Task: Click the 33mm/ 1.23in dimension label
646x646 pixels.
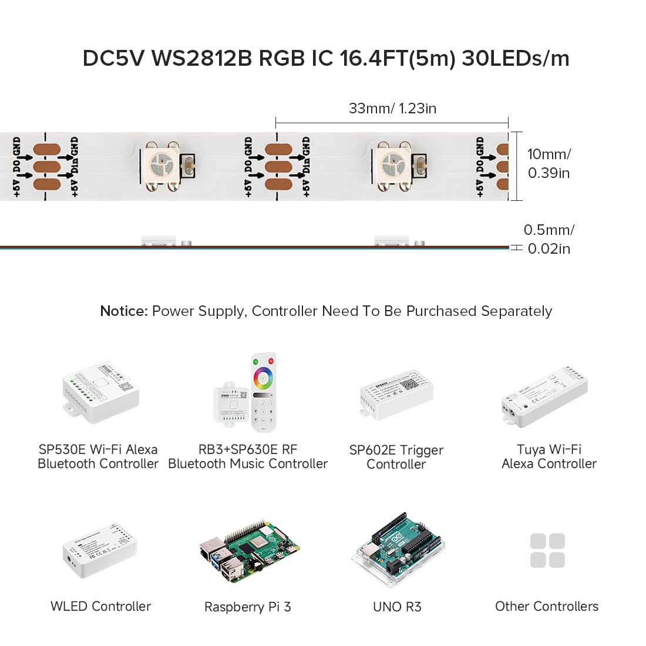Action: [x=392, y=108]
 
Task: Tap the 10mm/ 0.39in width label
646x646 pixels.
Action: [x=549, y=163]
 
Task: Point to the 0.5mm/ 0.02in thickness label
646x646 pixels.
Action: [x=549, y=239]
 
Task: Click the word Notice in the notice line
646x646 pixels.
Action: [x=123, y=311]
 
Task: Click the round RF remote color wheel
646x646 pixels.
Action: [x=263, y=378]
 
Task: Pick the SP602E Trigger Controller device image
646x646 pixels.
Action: [x=396, y=393]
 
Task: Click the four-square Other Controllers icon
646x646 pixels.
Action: [x=547, y=550]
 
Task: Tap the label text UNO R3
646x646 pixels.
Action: [x=397, y=607]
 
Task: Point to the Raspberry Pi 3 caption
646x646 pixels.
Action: [x=247, y=607]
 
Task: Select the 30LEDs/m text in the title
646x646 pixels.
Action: [x=515, y=58]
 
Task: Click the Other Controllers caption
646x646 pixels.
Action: [x=547, y=607]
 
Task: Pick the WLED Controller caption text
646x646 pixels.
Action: [x=100, y=607]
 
